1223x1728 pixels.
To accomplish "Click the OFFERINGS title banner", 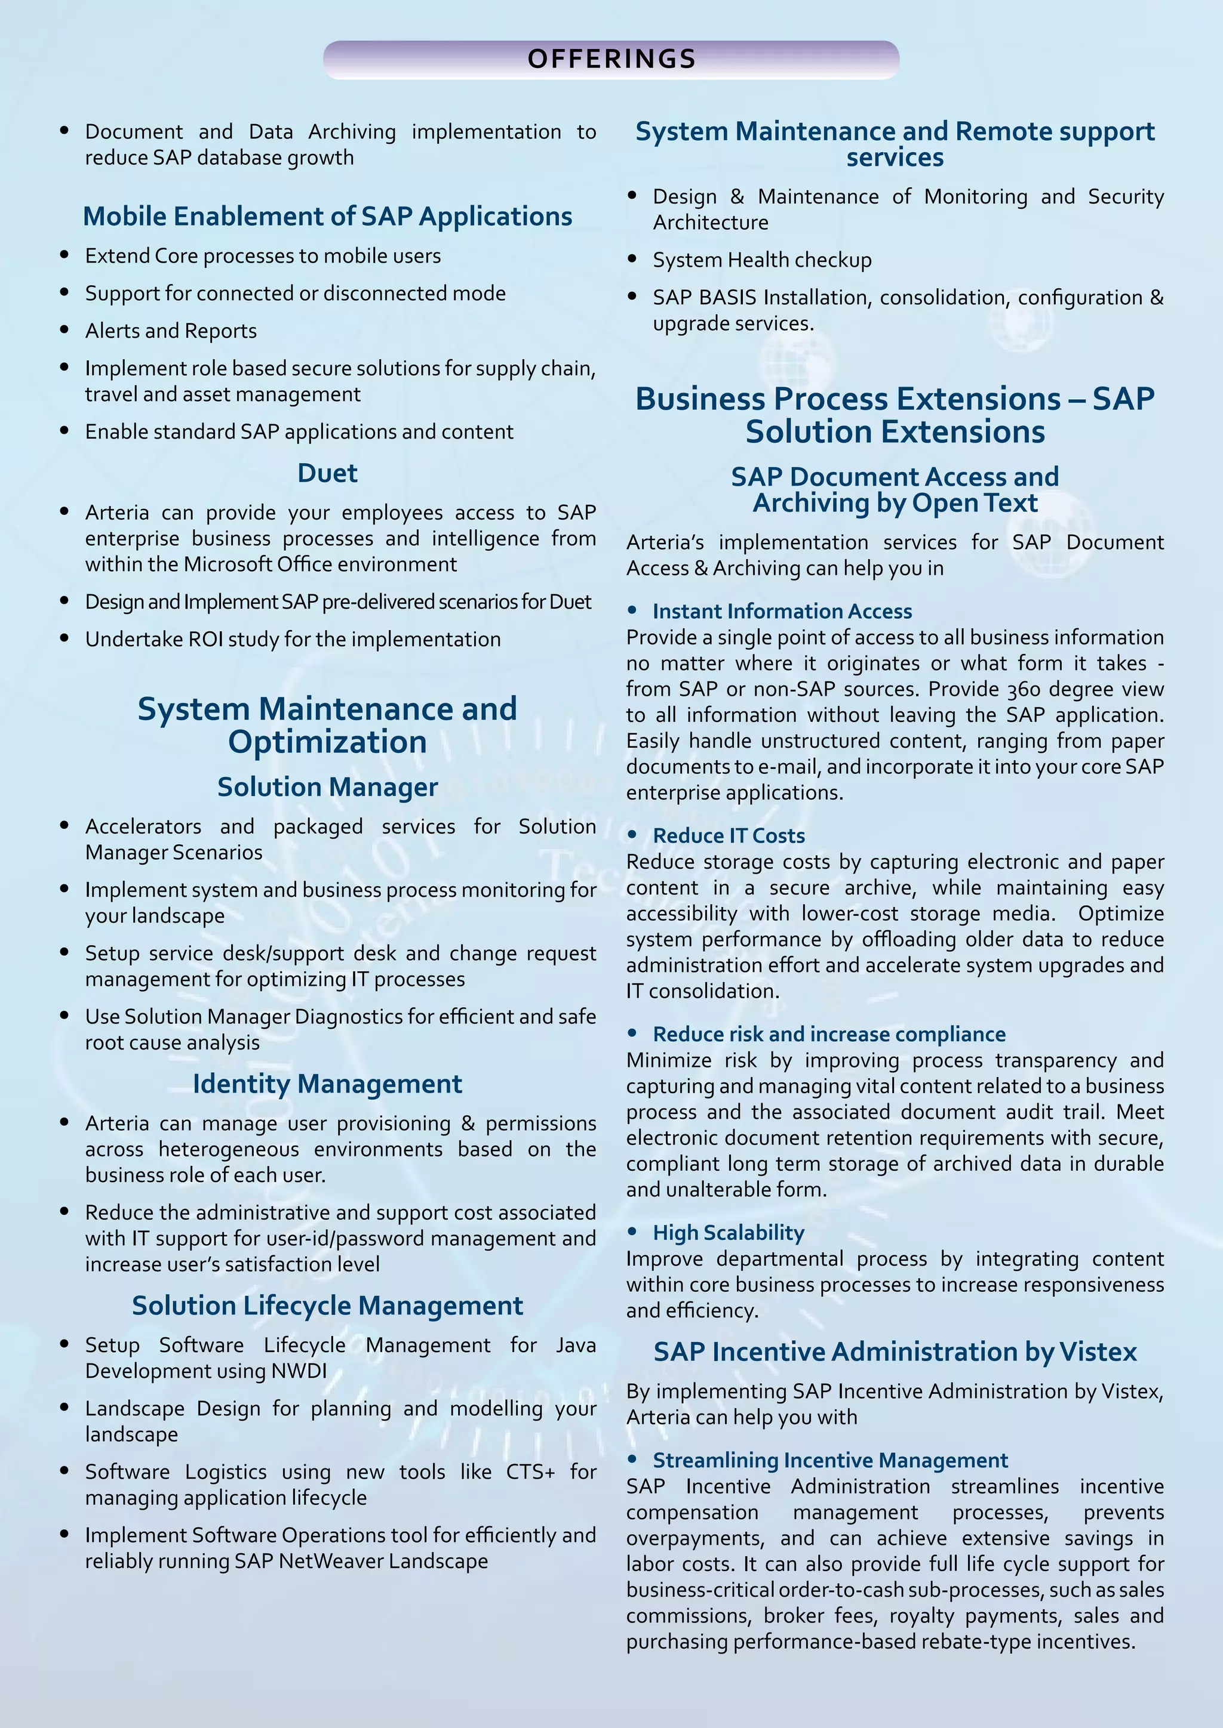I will point(611,60).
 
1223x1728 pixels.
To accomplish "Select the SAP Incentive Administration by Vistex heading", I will point(895,1351).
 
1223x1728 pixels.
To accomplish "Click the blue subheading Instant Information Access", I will point(782,611).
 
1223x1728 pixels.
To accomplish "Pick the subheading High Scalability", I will point(728,1233).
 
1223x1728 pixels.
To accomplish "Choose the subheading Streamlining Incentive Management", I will point(830,1460).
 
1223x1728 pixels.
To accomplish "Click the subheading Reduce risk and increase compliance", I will point(828,1034).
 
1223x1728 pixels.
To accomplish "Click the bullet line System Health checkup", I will point(761,260).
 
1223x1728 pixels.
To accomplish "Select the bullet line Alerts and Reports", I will point(171,331).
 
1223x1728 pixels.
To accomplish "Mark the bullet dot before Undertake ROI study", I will point(64,638).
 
